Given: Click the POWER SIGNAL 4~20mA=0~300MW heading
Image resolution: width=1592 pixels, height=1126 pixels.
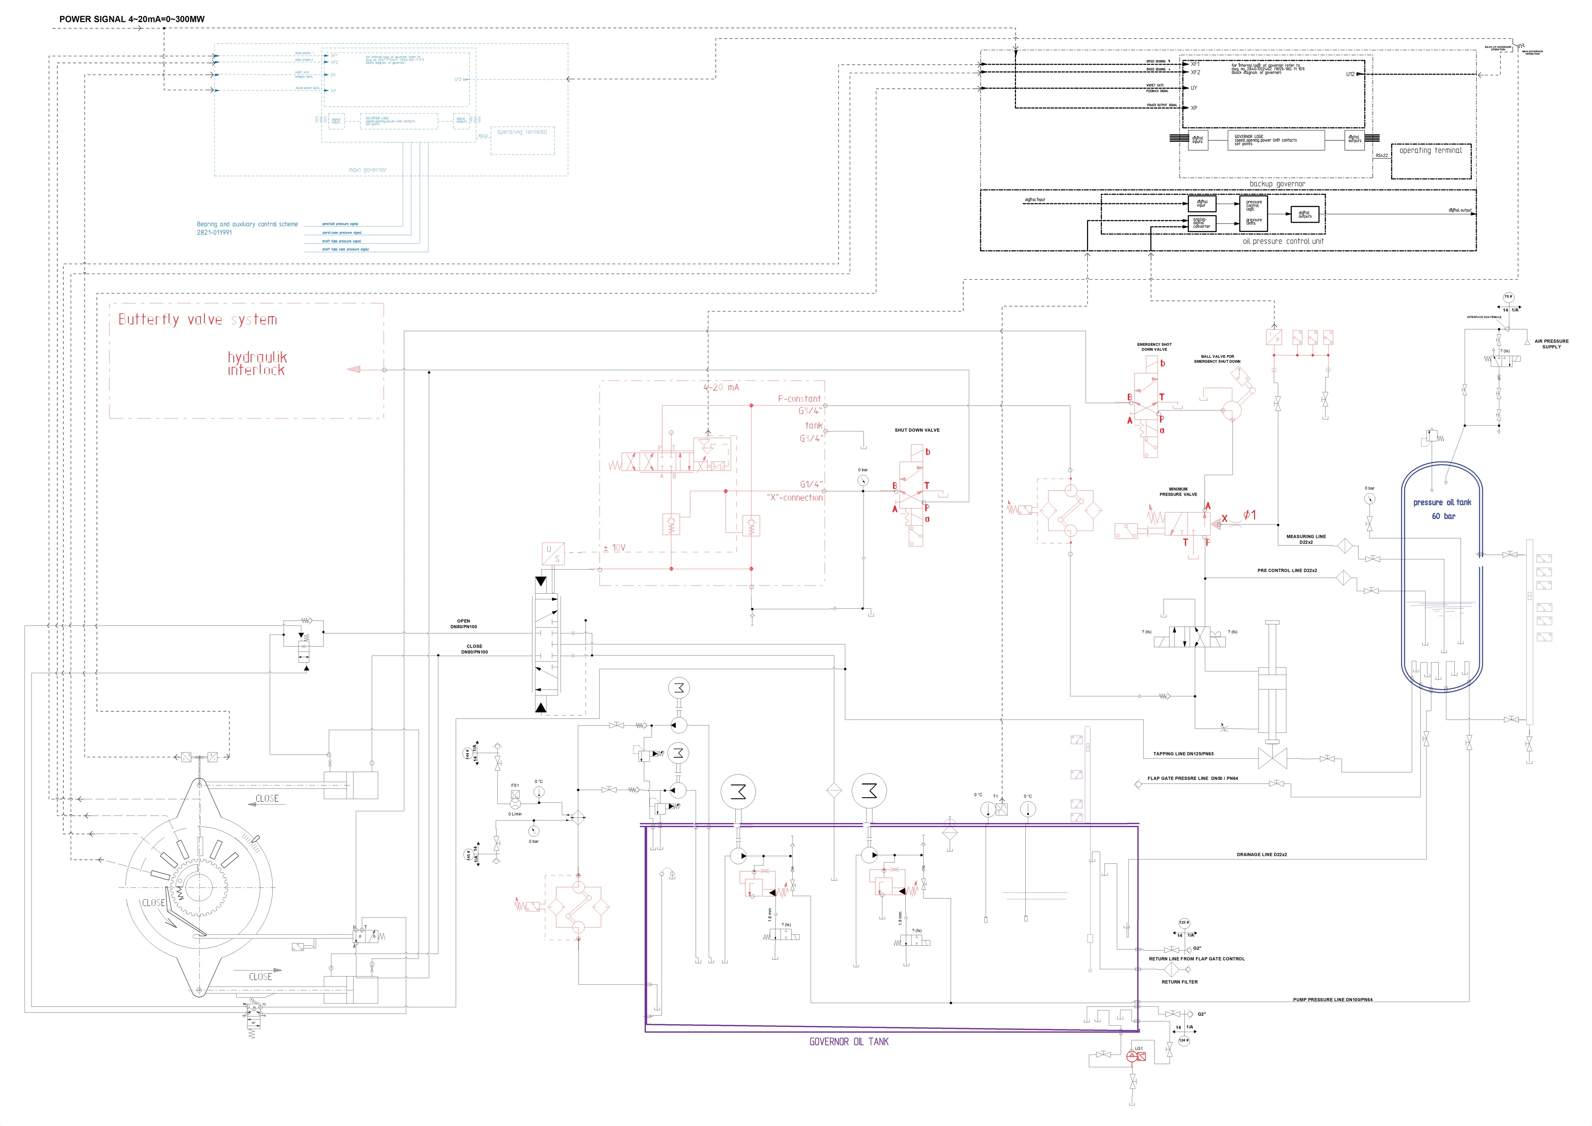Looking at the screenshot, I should pos(132,19).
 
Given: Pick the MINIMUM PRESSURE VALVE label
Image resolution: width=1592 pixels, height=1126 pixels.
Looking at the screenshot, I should pos(1178,491).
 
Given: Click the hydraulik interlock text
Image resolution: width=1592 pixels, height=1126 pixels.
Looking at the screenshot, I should pos(256,363).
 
